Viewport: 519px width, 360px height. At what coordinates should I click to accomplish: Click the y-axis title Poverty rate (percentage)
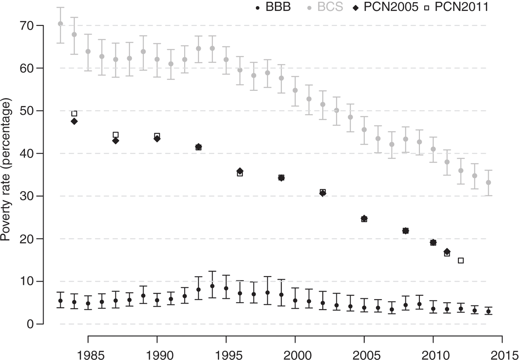pyautogui.click(x=7, y=175)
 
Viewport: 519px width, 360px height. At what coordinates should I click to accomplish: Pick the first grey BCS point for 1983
pyautogui.click(x=60, y=24)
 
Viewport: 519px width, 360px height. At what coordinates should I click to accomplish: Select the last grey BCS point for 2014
pyautogui.click(x=488, y=183)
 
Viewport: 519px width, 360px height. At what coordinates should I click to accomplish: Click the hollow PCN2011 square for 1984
pyautogui.click(x=74, y=114)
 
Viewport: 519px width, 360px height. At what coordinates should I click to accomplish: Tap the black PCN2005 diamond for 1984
pyautogui.click(x=74, y=121)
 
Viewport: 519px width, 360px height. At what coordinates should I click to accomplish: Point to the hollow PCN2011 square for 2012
pyautogui.click(x=461, y=260)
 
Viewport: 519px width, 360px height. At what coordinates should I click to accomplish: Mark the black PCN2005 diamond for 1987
pyautogui.click(x=116, y=141)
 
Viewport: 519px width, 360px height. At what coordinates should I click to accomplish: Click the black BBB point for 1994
pyautogui.click(x=212, y=286)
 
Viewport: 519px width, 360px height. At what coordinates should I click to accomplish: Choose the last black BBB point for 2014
pyautogui.click(x=488, y=312)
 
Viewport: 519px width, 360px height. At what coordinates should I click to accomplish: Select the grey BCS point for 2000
pyautogui.click(x=295, y=90)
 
